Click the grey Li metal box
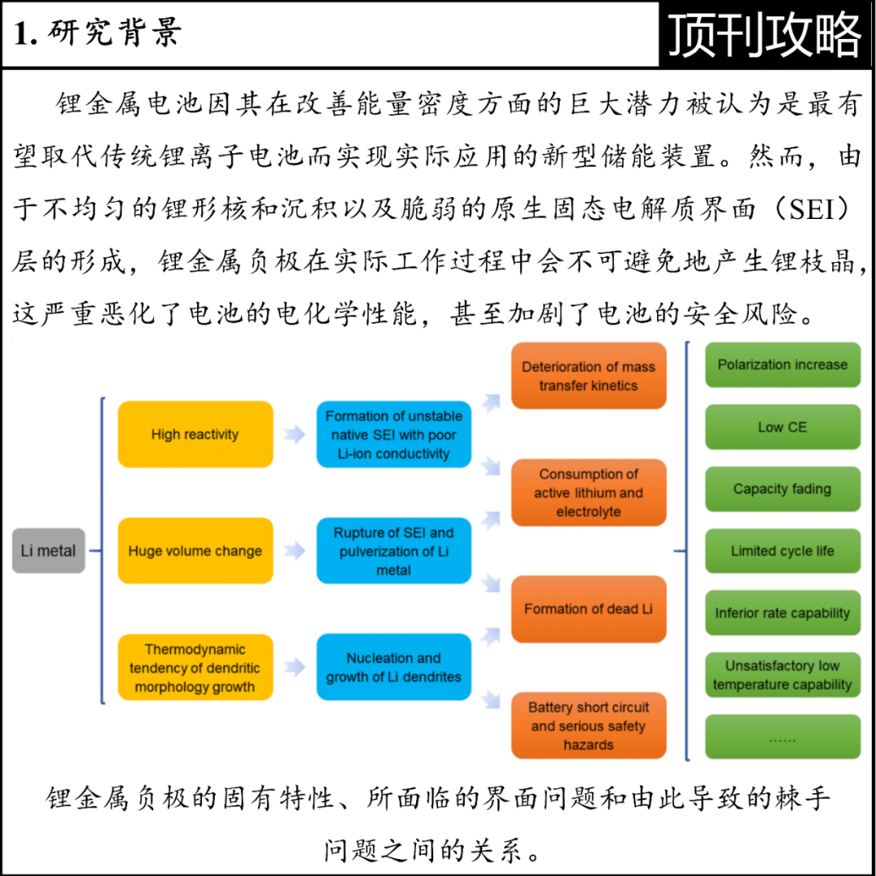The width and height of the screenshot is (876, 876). point(49,551)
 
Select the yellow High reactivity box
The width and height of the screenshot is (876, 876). point(195,434)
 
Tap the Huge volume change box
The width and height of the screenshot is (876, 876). point(195,551)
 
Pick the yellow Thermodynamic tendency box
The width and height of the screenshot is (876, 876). point(195,668)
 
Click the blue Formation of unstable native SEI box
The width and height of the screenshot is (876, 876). point(393,434)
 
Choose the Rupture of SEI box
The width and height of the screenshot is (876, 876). point(393,551)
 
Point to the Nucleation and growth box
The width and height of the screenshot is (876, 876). point(393,668)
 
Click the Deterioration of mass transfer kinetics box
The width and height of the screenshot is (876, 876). point(588,376)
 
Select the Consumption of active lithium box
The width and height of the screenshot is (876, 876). point(588,492)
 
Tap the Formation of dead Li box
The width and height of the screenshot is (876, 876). point(588,609)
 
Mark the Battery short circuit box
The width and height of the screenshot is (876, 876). point(588,725)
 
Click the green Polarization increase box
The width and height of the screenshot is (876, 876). point(782,365)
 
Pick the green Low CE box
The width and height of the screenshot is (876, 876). point(782,427)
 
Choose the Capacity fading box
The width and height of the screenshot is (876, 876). point(782,489)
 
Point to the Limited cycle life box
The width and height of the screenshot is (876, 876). point(782,551)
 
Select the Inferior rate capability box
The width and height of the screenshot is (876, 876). point(782,613)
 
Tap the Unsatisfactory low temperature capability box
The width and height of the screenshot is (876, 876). point(782,675)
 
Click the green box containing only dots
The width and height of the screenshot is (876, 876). point(782,737)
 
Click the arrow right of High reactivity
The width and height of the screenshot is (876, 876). point(294,435)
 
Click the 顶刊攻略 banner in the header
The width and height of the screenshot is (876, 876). point(765,35)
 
